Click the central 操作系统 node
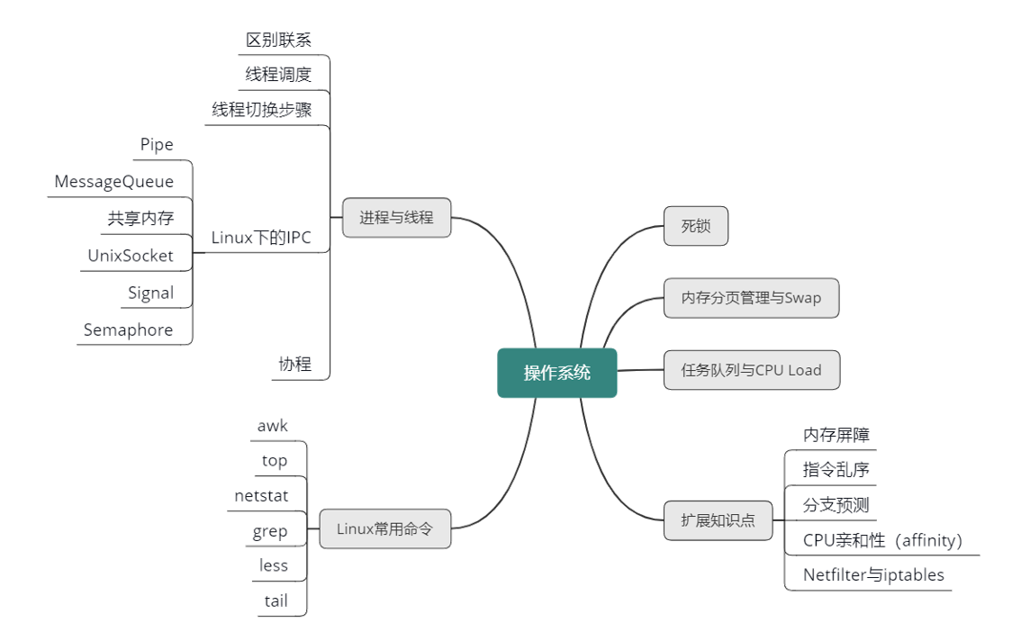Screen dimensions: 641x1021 [557, 373]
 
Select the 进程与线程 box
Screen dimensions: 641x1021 [396, 218]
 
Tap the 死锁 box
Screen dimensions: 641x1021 [695, 226]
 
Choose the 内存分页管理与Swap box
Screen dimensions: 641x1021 [751, 298]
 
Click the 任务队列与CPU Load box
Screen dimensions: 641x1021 [751, 370]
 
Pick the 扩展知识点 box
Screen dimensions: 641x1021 [718, 520]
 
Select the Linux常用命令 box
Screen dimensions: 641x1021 [384, 529]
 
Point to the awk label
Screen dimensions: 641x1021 [272, 426]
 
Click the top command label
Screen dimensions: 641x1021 [275, 461]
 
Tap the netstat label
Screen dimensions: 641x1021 [261, 495]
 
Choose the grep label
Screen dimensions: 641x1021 [270, 531]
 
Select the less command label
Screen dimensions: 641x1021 [274, 565]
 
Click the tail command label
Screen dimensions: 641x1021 [276, 600]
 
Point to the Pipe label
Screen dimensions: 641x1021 [157, 145]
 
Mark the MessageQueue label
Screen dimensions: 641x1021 [113, 182]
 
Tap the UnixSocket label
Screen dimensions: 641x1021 [130, 256]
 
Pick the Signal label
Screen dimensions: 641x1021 [150, 293]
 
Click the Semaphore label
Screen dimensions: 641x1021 [128, 330]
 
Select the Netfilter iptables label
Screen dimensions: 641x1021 [873, 574]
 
